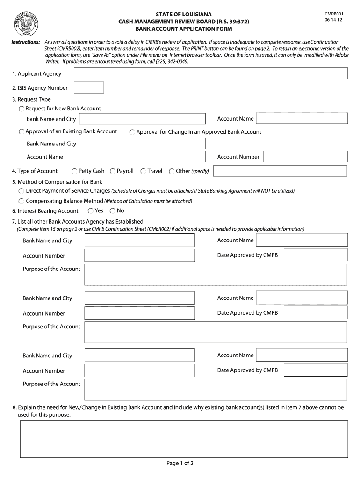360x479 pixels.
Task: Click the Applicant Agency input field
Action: pos(211,73)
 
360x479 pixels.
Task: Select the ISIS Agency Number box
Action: pos(89,87)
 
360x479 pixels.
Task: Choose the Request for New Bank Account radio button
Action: pos(22,109)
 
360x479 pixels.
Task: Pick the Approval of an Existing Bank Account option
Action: pos(22,132)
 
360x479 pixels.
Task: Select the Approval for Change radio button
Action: pos(132,132)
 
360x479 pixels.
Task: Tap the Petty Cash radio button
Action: pos(74,171)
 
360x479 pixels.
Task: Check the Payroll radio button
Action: pos(113,171)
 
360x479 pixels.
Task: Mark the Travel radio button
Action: pos(143,171)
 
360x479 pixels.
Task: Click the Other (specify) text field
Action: pos(280,171)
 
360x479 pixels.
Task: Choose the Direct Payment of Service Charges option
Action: pos(22,191)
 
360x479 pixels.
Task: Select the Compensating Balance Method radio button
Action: pos(22,201)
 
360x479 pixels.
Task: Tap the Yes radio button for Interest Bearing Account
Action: pos(91,211)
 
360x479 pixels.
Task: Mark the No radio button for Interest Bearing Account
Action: pos(113,211)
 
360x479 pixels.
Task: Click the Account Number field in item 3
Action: pos(305,157)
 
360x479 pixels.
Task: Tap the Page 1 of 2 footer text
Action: pos(180,464)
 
